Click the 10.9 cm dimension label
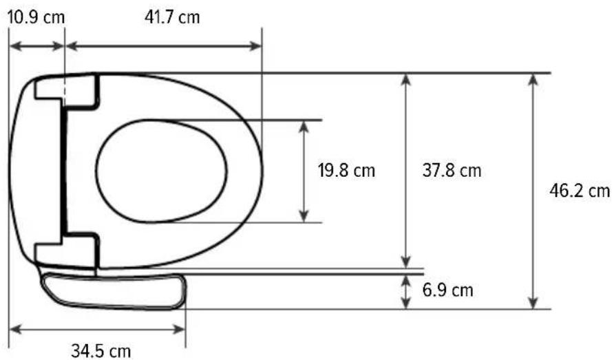(36, 18)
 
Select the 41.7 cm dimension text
(172, 17)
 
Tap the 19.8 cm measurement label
(346, 171)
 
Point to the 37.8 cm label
(452, 171)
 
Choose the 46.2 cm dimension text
(580, 191)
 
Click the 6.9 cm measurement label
(447, 290)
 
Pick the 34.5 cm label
(100, 350)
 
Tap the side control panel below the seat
(114, 291)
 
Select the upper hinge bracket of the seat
(67, 92)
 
